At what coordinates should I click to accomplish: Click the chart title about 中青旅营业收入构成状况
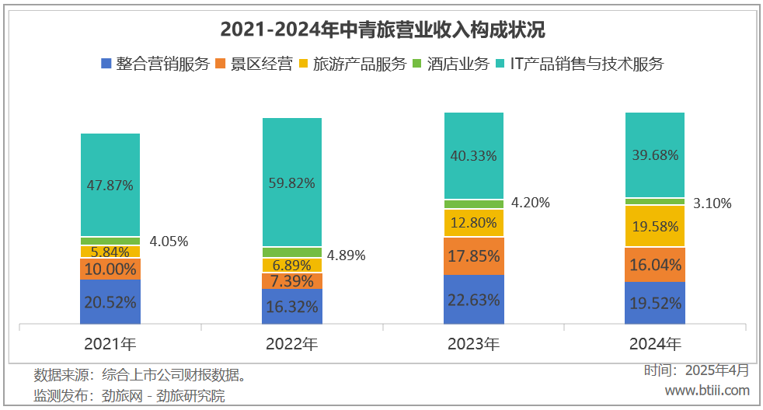[382, 30]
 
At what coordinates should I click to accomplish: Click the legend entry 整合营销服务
[155, 64]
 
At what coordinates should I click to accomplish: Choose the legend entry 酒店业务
[451, 64]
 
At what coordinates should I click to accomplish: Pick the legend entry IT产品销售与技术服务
[579, 64]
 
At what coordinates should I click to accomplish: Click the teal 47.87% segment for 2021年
[110, 185]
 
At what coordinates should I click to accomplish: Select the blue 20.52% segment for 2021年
[110, 302]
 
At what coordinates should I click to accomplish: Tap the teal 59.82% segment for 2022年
[292, 182]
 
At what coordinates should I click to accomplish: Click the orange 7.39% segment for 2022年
[292, 280]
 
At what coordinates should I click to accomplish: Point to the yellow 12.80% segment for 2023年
[474, 223]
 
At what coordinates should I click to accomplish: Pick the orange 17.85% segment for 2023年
[474, 255]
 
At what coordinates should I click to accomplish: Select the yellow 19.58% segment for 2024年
[656, 226]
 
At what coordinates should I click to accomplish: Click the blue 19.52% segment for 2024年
[656, 303]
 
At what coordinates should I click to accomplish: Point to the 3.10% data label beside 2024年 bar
[712, 203]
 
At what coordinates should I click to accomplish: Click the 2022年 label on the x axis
[292, 343]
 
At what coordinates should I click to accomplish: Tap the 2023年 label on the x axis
[474, 343]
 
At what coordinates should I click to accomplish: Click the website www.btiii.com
[707, 390]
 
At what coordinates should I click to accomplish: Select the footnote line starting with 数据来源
[141, 376]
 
